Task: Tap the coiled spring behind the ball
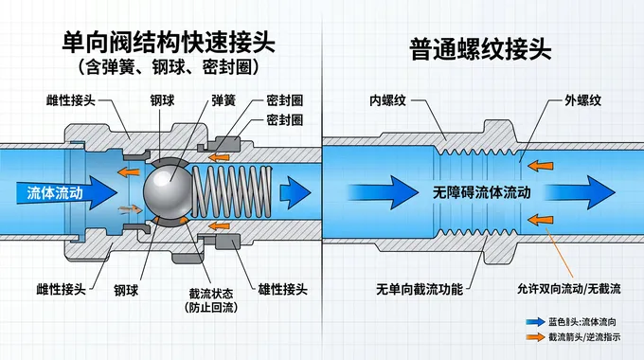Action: coord(232,191)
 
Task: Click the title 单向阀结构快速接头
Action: coord(169,43)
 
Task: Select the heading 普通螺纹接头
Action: coord(480,49)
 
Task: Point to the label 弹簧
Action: coord(224,100)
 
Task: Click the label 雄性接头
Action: coord(282,289)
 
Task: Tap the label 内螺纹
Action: coord(387,100)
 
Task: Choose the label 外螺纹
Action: coord(582,100)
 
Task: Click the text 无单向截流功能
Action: coord(420,289)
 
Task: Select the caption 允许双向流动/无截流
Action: coord(569,289)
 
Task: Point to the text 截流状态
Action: coord(211,294)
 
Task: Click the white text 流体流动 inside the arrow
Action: coord(55,192)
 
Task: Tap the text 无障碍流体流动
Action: coord(481,192)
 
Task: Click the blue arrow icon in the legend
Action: coord(536,322)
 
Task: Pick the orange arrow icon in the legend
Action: coord(536,337)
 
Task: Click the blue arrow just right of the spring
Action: coord(295,192)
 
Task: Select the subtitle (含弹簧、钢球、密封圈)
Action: coord(169,67)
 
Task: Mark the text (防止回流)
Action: coord(211,307)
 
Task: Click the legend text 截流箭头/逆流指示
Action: coord(584,337)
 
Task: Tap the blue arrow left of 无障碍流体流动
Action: coord(384,192)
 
